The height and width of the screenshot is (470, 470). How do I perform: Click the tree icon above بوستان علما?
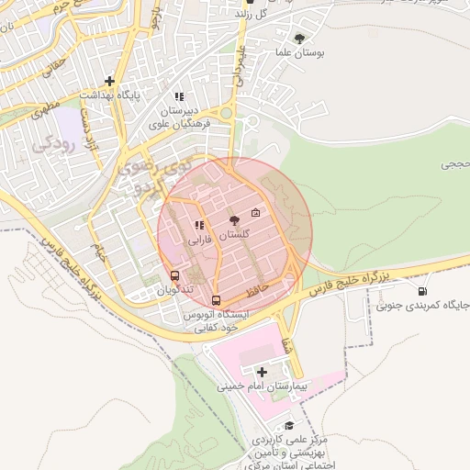click(300, 38)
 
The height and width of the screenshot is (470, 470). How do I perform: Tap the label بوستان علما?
click(300, 53)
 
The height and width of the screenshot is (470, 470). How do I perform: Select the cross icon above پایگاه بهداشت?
click(109, 81)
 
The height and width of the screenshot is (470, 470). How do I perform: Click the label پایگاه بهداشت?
click(108, 95)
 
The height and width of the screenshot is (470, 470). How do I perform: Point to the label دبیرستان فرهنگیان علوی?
click(180, 117)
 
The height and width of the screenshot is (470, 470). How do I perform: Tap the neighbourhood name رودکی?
click(53, 144)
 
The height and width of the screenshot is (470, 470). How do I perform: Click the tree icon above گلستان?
click(233, 219)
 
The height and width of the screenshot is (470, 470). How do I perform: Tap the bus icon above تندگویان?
click(174, 274)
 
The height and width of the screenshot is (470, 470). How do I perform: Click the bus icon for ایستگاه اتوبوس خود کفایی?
click(216, 299)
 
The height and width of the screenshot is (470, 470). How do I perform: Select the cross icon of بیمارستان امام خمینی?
click(263, 372)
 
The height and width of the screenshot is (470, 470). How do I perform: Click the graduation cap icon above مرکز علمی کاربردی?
click(290, 425)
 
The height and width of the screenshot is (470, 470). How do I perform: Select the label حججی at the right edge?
click(454, 164)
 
